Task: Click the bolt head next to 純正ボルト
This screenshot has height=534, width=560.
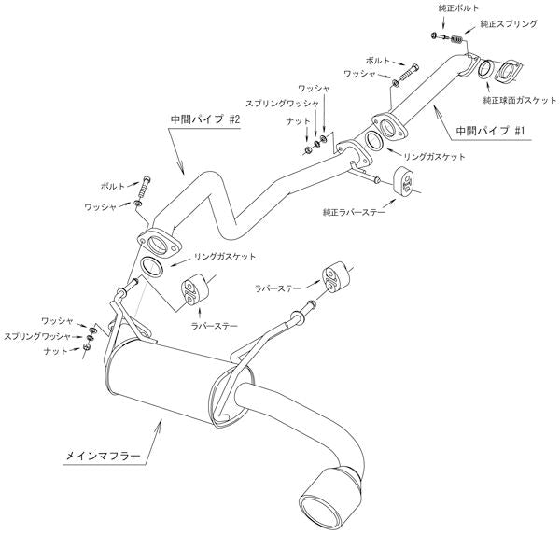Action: [x=436, y=35]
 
